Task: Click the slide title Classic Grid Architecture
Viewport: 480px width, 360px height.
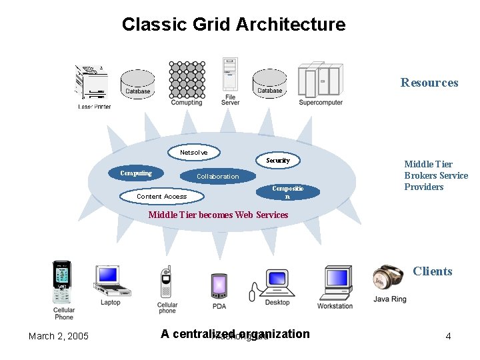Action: click(x=233, y=25)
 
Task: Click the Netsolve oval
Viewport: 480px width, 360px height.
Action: click(x=193, y=153)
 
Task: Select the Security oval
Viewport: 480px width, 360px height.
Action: click(x=278, y=161)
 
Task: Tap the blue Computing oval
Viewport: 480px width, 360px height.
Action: click(x=136, y=173)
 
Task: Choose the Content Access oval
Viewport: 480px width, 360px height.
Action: click(x=161, y=196)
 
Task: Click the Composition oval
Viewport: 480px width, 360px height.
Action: click(x=287, y=192)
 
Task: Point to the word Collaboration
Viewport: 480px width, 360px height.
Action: click(x=217, y=177)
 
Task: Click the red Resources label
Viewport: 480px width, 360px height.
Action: click(x=429, y=83)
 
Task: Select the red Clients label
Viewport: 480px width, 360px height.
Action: click(x=432, y=271)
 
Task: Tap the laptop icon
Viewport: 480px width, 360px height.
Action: click(x=111, y=281)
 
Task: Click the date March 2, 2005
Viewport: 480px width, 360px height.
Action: click(x=59, y=336)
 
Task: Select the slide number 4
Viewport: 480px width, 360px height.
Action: click(x=448, y=336)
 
